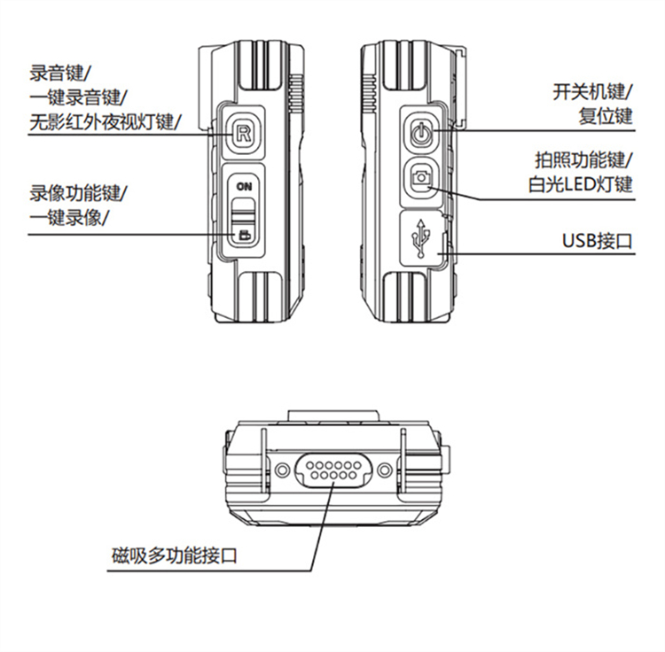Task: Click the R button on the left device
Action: pyautogui.click(x=243, y=134)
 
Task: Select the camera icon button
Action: pyautogui.click(x=420, y=176)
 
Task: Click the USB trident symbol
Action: pyautogui.click(x=420, y=237)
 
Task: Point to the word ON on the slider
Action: pyautogui.click(x=244, y=186)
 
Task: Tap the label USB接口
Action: pyautogui.click(x=597, y=241)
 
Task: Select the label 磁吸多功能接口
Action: pyautogui.click(x=174, y=555)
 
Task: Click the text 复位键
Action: pyautogui.click(x=606, y=116)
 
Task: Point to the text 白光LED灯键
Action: pyautogui.click(x=580, y=185)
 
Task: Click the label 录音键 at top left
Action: pyautogui.click(x=57, y=73)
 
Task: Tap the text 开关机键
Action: pyautogui.click(x=589, y=91)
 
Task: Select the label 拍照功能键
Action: pyautogui.click(x=580, y=159)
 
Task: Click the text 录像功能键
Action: pyautogui.click(x=75, y=193)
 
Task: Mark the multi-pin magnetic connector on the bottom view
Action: pyautogui.click(x=333, y=470)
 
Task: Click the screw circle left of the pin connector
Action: pyautogui.click(x=281, y=470)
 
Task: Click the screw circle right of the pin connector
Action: pyautogui.click(x=385, y=470)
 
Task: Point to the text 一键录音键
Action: pyautogui.click(x=75, y=97)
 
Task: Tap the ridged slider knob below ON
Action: pyautogui.click(x=244, y=211)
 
